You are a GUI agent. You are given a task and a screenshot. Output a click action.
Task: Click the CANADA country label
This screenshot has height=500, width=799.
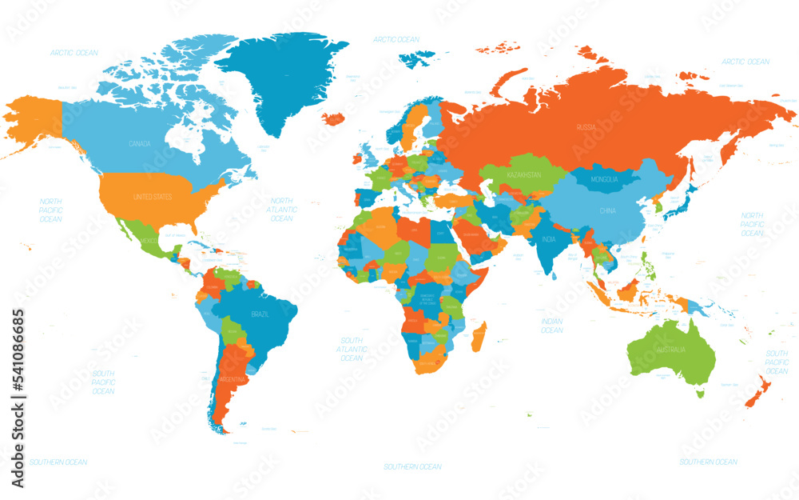tap(139, 144)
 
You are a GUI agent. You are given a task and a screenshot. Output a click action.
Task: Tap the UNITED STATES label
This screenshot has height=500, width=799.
tap(153, 196)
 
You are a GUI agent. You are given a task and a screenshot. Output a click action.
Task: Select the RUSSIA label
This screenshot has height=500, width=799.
tap(586, 127)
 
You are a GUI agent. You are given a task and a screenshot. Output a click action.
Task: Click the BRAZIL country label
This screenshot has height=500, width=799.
tap(260, 314)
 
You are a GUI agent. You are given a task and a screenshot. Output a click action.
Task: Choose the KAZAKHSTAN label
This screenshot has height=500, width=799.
tap(523, 174)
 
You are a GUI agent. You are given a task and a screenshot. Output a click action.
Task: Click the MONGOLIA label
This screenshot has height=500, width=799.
tap(604, 179)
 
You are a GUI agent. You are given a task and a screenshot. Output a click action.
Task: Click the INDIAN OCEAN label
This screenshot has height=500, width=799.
tap(551, 326)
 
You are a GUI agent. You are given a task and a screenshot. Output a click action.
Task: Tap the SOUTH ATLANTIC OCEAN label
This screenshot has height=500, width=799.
tap(352, 349)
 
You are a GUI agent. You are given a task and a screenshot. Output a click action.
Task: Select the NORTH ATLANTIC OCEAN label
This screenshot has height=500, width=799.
tap(283, 209)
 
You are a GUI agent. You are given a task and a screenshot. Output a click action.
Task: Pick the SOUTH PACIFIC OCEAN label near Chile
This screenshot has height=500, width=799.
tap(103, 382)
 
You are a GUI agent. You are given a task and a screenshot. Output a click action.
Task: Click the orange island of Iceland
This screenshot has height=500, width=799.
tap(333, 118)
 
